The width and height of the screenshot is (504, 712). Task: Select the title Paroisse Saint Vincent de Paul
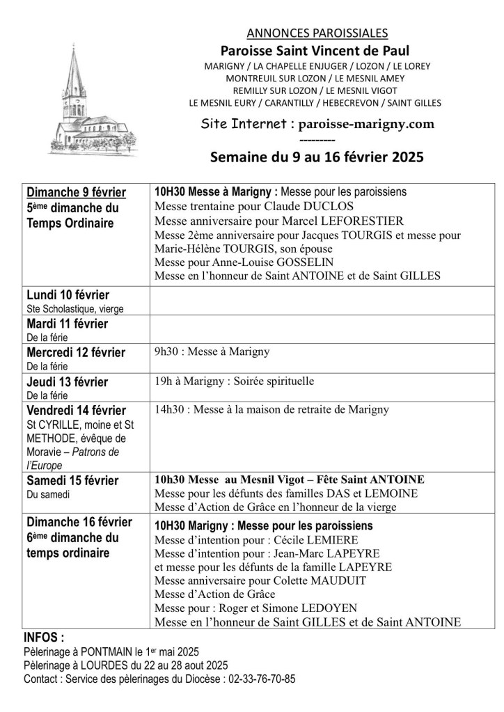click(315, 50)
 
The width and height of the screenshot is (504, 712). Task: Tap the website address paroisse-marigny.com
click(361, 124)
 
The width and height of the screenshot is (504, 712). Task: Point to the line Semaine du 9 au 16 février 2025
click(316, 157)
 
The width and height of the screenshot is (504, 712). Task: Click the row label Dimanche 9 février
click(77, 193)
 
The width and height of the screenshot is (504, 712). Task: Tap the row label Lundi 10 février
click(68, 295)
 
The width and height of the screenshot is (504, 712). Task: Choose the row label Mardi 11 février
click(68, 324)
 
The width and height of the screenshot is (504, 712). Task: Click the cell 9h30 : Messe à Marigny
click(212, 352)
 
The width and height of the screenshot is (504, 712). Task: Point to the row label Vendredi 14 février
click(77, 410)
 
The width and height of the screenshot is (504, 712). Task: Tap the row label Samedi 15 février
click(72, 481)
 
